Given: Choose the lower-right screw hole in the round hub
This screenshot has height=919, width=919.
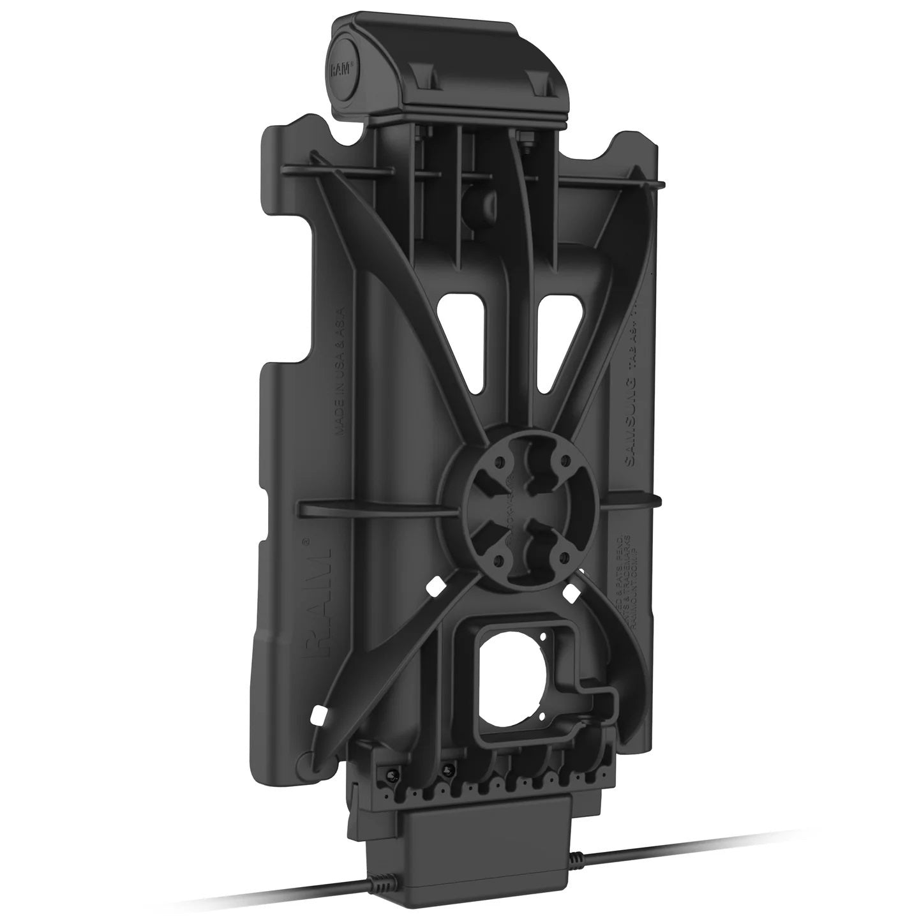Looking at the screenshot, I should pos(562,557).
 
